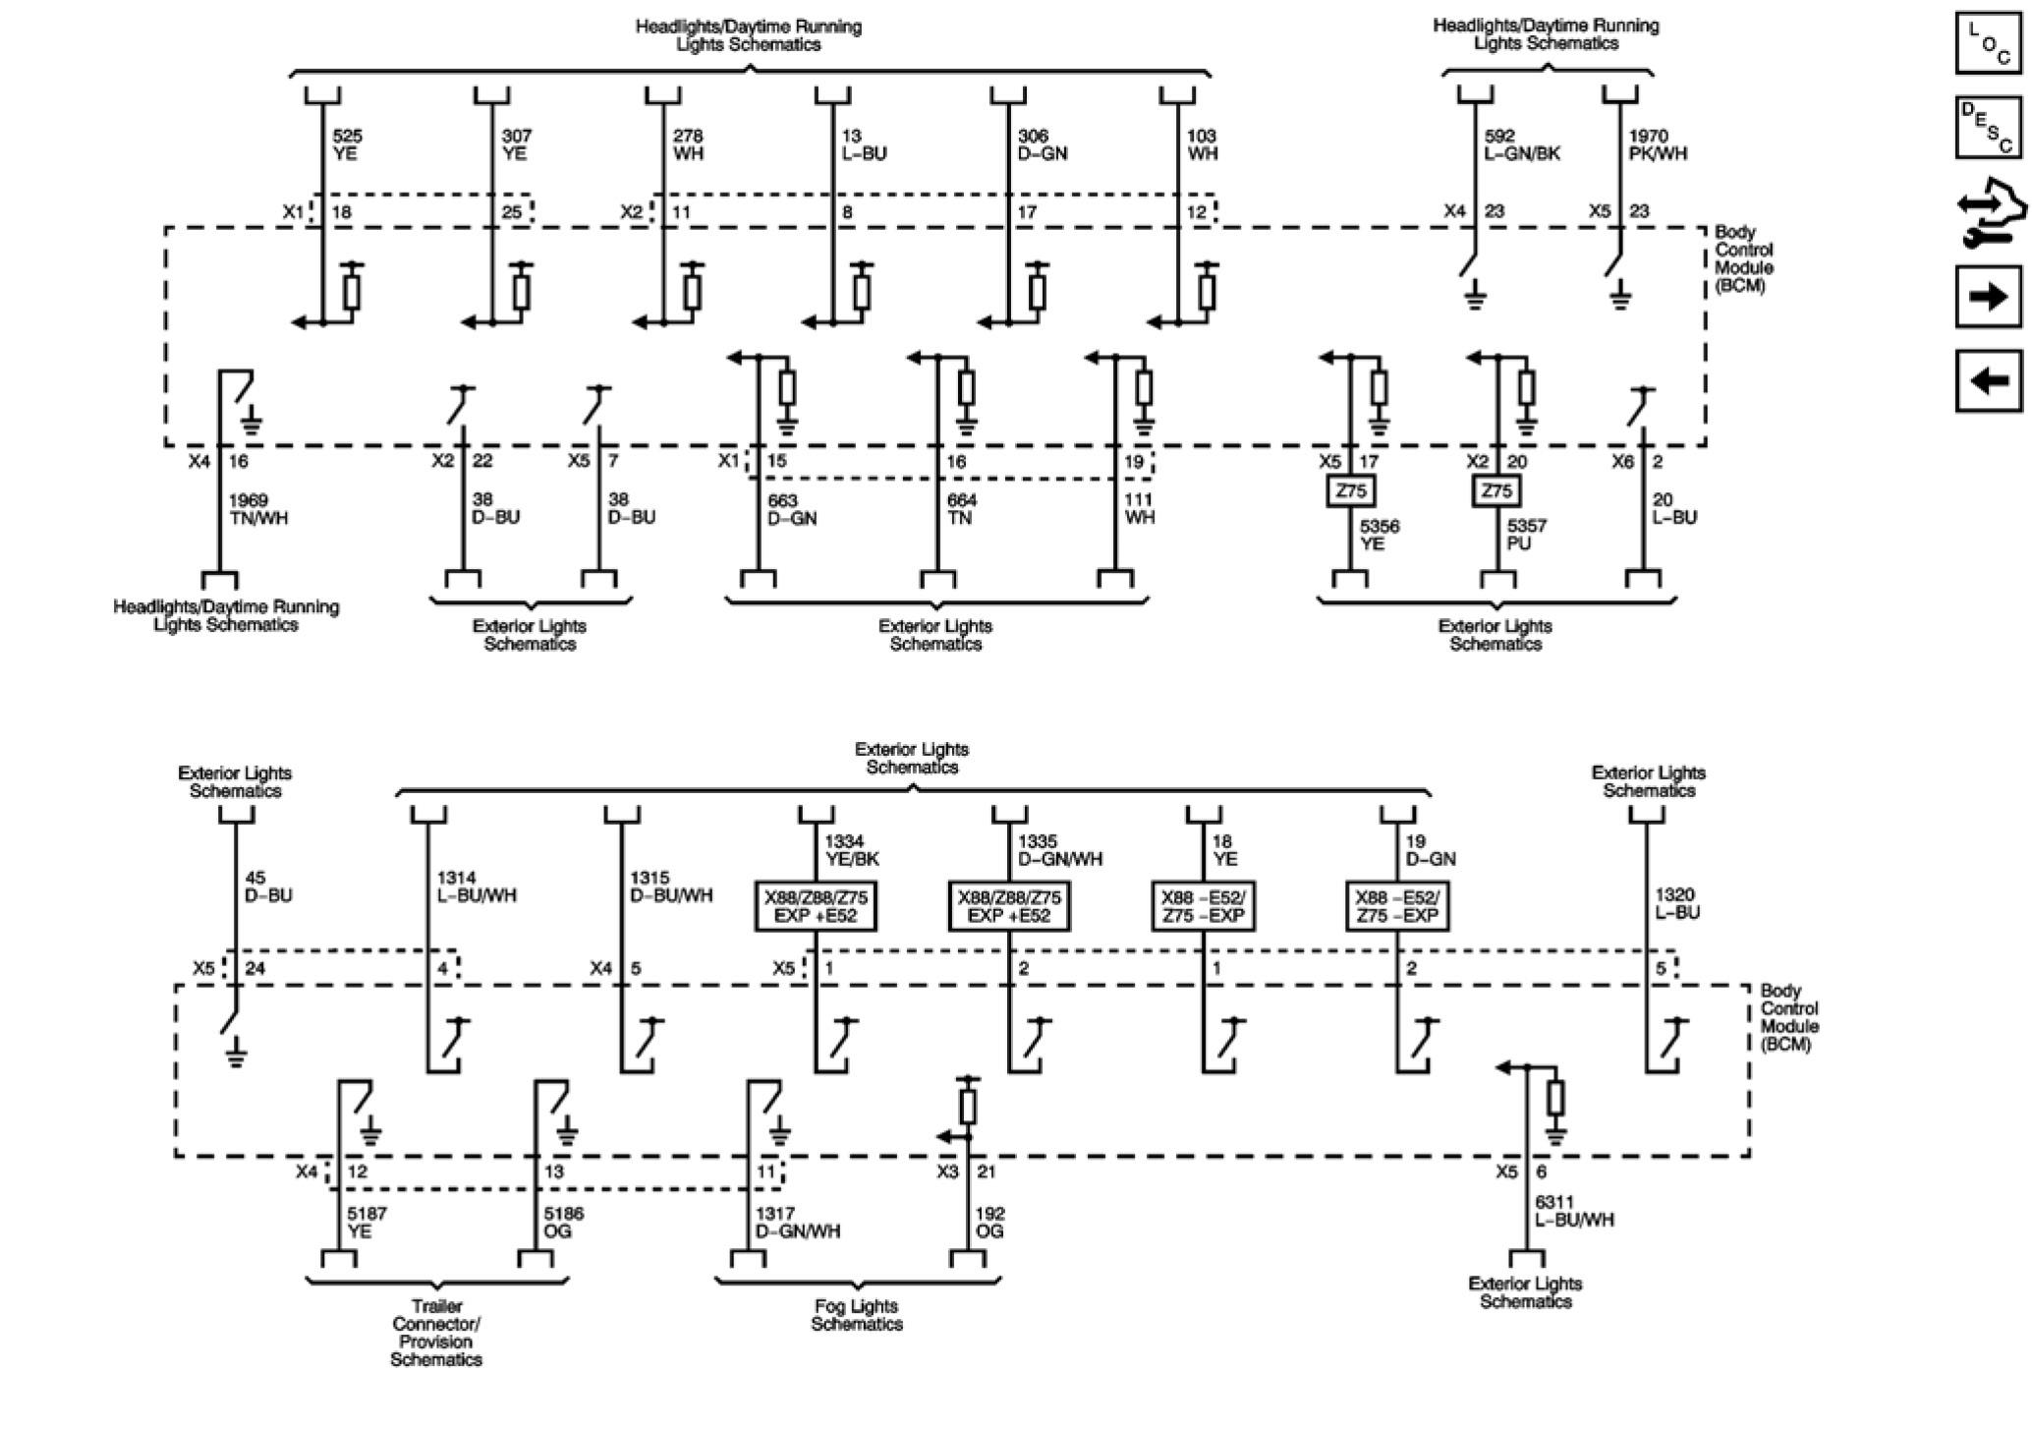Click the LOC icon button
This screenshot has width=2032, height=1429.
pos(1989,43)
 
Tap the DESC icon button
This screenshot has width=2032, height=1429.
pos(1989,128)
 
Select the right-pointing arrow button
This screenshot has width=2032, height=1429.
pos(1989,296)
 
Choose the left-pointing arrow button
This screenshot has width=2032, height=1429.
pos(1989,379)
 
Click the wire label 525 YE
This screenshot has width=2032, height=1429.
pos(347,144)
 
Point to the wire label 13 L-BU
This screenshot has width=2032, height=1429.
pos(864,144)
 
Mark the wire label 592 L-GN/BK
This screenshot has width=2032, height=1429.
pos(1521,144)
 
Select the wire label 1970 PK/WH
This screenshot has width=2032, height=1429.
pos(1657,144)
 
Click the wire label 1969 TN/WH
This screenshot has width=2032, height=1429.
pos(258,509)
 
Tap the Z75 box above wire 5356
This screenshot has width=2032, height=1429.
pos(1351,490)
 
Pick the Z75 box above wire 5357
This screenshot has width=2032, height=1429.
pos(1496,490)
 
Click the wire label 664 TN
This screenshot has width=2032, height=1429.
pos(961,509)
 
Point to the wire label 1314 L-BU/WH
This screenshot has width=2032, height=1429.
pos(476,886)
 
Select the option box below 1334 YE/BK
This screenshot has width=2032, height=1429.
pos(816,906)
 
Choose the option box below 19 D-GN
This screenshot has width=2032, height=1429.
pos(1396,906)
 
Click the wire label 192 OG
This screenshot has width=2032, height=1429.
pos(989,1222)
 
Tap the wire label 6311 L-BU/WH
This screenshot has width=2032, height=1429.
pos(1574,1211)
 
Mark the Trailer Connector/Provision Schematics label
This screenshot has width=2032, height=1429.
pos(436,1333)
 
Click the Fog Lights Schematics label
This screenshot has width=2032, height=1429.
pos(857,1315)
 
